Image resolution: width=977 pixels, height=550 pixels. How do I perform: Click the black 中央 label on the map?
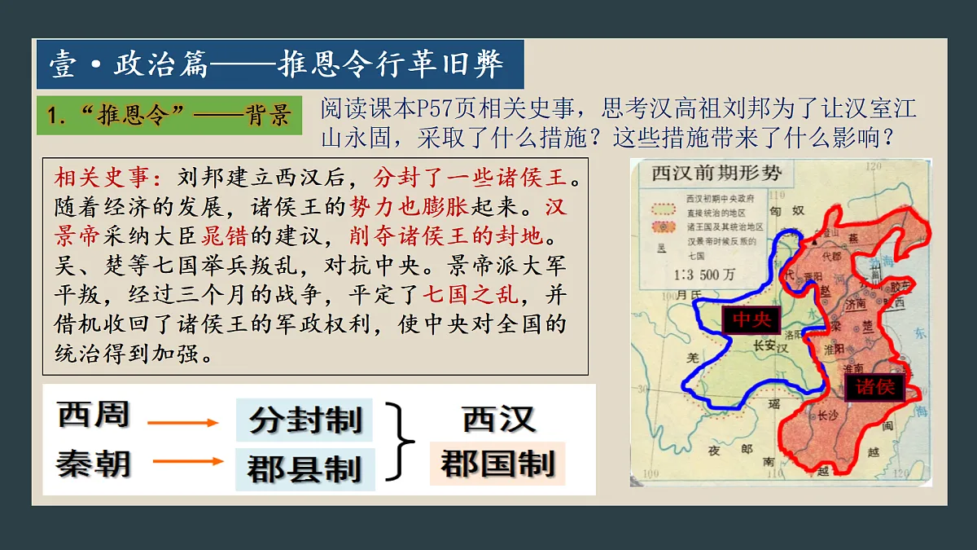coord(751,320)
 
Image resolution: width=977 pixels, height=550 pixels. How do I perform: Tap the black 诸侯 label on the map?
coord(875,386)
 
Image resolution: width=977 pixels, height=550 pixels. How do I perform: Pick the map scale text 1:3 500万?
coord(694,275)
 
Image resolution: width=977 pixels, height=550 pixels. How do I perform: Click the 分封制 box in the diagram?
coord(305,421)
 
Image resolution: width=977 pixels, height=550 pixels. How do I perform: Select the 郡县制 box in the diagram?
coord(305,469)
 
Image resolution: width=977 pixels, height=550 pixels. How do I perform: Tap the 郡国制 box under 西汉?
coord(497,464)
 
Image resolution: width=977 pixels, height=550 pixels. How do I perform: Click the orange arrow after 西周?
coord(183,422)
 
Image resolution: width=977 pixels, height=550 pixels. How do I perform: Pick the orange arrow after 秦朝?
coord(187,461)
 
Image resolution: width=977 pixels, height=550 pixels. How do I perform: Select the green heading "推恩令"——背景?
coord(169,115)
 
